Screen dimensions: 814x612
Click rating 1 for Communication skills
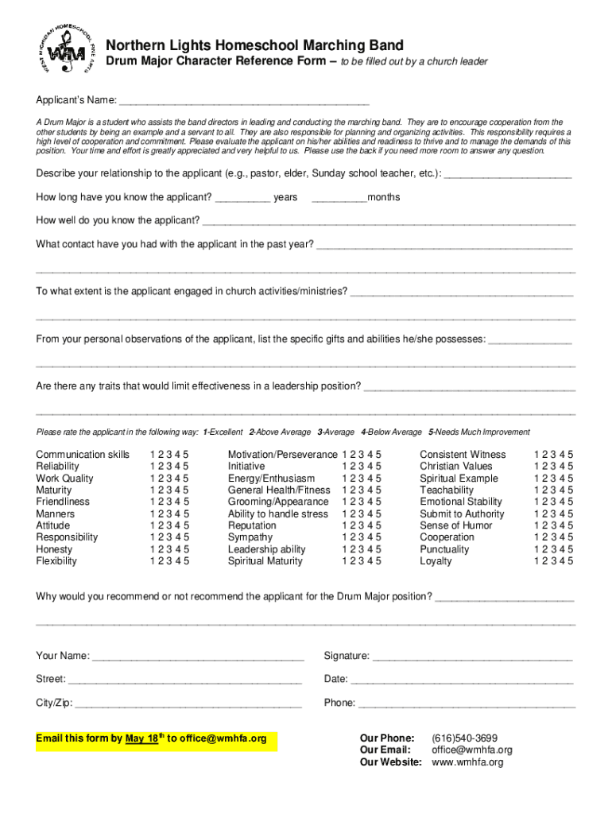click(x=152, y=455)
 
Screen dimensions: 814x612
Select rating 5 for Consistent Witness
click(x=570, y=455)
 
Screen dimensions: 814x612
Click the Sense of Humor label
click(x=456, y=525)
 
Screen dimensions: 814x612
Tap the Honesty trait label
click(x=54, y=549)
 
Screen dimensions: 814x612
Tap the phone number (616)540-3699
click(x=465, y=738)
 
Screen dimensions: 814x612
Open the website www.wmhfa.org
click(x=467, y=762)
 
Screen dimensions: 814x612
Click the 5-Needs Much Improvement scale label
click(x=478, y=432)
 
